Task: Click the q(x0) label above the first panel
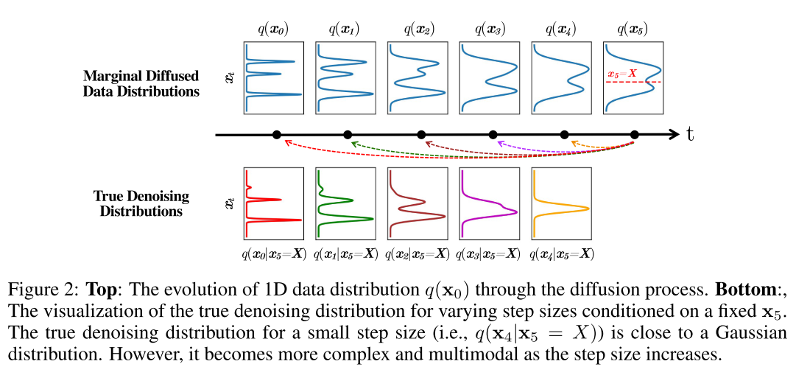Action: pyautogui.click(x=274, y=30)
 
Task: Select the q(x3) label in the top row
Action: pyautogui.click(x=490, y=30)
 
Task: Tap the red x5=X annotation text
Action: pyautogui.click(x=622, y=74)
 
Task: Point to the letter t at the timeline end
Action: pyautogui.click(x=690, y=135)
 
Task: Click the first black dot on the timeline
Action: pyautogui.click(x=277, y=135)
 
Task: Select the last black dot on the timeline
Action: pyautogui.click(x=635, y=135)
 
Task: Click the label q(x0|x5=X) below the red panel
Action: pyautogui.click(x=274, y=254)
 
